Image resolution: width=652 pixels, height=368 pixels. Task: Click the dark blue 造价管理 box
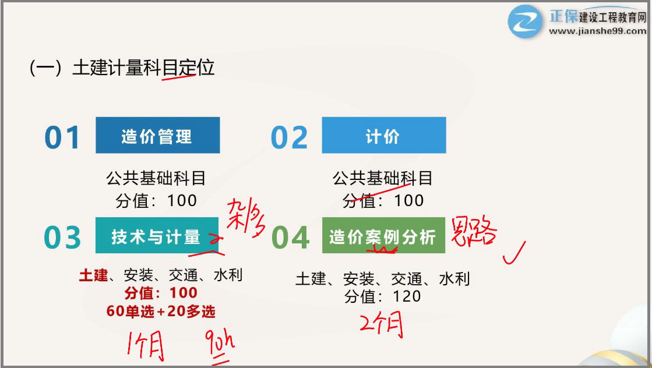(157, 135)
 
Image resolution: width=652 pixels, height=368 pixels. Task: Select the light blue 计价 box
(383, 135)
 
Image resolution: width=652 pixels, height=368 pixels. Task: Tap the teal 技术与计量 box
(156, 235)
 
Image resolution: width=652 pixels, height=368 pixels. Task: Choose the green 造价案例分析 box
(383, 235)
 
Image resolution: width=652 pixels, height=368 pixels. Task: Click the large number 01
(62, 137)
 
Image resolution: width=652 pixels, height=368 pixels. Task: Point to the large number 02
(289, 137)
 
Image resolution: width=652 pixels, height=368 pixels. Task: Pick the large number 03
(62, 237)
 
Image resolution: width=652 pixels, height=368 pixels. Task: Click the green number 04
(290, 237)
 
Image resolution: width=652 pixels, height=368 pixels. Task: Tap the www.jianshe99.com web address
(597, 31)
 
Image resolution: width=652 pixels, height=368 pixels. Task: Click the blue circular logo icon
(525, 22)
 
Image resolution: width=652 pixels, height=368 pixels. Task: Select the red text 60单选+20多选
(161, 312)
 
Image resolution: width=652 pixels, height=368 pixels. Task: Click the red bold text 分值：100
(161, 293)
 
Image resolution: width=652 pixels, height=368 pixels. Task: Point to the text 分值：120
(382, 296)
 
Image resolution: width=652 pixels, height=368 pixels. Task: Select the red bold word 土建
(93, 275)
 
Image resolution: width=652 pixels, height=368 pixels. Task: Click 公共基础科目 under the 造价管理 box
(156, 178)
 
